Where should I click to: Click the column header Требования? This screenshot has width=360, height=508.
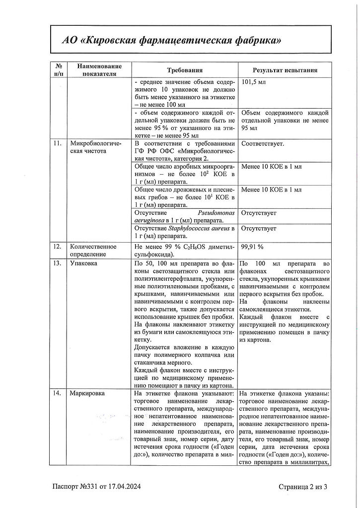click(x=185, y=70)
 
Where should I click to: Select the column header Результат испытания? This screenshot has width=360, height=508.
click(x=285, y=70)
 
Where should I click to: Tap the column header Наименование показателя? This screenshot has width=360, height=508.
click(x=96, y=70)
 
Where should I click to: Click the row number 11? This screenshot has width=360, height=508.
click(x=58, y=144)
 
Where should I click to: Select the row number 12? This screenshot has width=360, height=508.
click(x=58, y=246)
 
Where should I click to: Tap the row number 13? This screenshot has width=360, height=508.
click(x=58, y=263)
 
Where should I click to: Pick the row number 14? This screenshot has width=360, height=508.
click(x=58, y=393)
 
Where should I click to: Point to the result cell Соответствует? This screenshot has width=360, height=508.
click(x=263, y=144)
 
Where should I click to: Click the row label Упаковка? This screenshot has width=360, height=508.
click(x=83, y=263)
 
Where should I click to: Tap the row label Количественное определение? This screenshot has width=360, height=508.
click(x=93, y=251)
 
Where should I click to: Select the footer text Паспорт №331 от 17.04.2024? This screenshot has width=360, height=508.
click(x=97, y=487)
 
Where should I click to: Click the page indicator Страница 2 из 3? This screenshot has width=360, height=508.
click(x=303, y=487)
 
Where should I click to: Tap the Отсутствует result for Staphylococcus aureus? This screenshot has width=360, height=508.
click(x=259, y=229)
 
